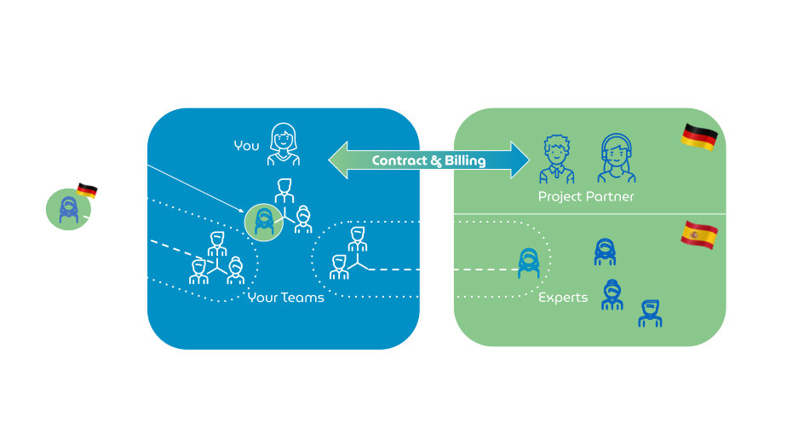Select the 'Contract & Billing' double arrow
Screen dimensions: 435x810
pyautogui.click(x=428, y=160)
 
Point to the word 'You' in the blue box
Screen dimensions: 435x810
pyautogui.click(x=246, y=146)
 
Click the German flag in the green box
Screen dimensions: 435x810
pyautogui.click(x=699, y=137)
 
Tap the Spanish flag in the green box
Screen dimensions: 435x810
pyautogui.click(x=698, y=235)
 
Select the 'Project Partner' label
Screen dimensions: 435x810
pyautogui.click(x=586, y=197)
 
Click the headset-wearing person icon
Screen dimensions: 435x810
pyautogui.click(x=616, y=159)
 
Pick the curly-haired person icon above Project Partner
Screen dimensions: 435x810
pyautogui.click(x=556, y=160)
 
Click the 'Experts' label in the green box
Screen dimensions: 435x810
pyautogui.click(x=563, y=298)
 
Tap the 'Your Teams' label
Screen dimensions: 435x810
pyautogui.click(x=285, y=298)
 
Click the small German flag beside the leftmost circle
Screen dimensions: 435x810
pyautogui.click(x=86, y=191)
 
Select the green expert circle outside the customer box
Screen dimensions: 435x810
pyautogui.click(x=68, y=210)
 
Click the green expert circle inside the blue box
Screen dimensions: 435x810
pyautogui.click(x=264, y=222)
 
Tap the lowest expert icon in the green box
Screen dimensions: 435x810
pyautogui.click(x=650, y=313)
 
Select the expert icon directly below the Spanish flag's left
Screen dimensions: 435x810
pyautogui.click(x=605, y=252)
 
